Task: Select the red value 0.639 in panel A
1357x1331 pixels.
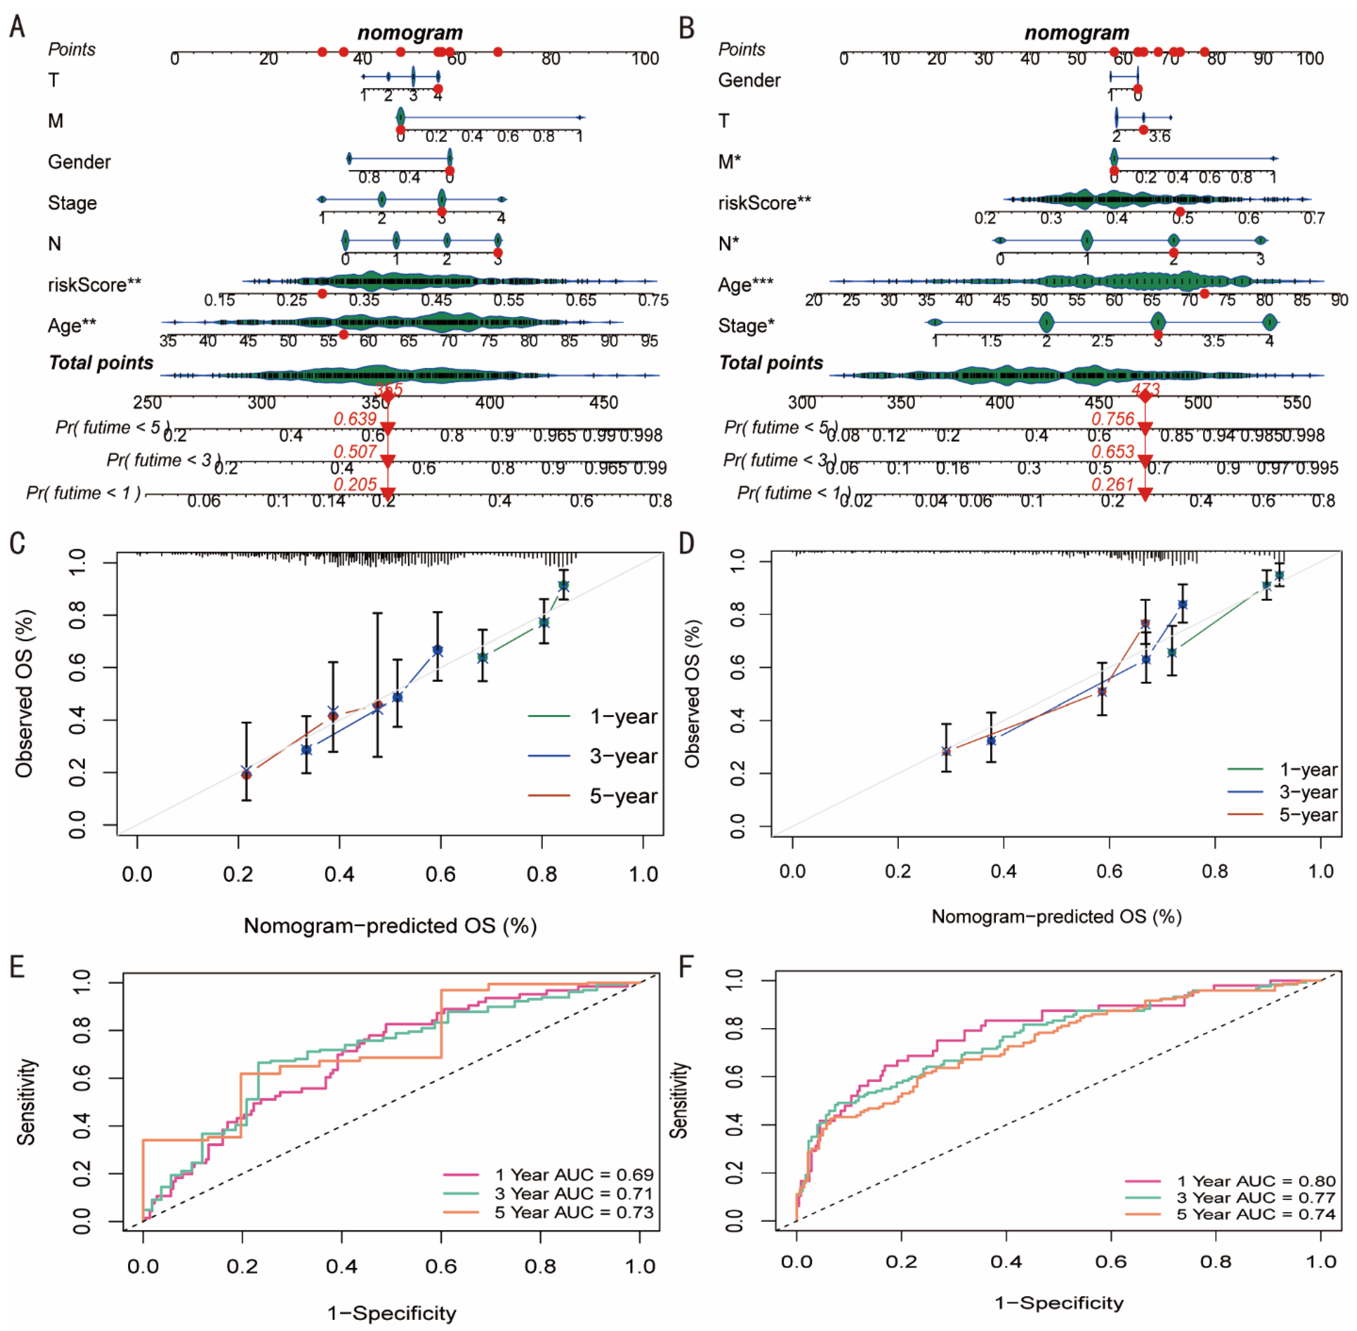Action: click(x=355, y=419)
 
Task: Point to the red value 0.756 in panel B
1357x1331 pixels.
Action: click(x=1113, y=419)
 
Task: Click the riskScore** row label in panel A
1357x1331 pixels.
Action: click(x=94, y=285)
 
